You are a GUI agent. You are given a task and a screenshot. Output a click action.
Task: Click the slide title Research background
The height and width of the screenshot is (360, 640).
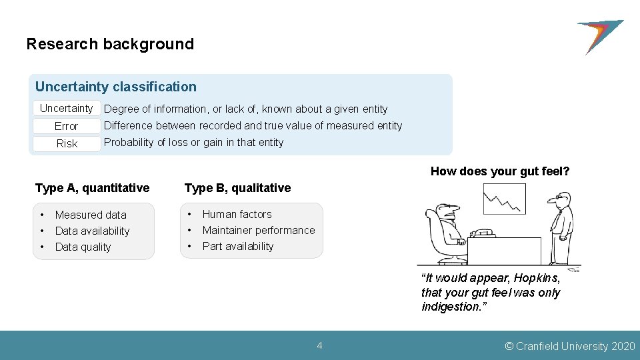110,45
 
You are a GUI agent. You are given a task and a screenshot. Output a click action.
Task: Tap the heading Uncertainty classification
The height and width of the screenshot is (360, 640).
116,87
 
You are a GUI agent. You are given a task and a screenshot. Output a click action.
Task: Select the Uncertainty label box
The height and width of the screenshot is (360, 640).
67,108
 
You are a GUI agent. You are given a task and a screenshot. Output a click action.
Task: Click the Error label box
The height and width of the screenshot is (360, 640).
67,126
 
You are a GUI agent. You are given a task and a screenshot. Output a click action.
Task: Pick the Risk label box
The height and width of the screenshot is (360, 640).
67,143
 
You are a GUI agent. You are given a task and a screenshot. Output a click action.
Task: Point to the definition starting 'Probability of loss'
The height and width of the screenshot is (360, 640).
193,142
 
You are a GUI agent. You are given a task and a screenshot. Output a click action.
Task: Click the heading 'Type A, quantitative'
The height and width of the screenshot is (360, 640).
92,188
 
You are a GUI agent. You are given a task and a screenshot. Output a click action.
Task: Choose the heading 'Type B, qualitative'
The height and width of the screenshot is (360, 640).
237,188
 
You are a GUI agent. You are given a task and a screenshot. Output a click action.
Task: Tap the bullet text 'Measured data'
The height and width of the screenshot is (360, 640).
91,215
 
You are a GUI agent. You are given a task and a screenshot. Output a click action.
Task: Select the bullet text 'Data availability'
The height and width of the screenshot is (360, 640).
92,231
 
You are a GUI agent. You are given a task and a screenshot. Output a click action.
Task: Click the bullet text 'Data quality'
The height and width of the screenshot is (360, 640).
83,247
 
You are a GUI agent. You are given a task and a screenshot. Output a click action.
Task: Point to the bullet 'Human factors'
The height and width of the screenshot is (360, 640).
237,214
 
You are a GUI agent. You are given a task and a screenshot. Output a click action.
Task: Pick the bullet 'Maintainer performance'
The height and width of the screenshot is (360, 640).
259,230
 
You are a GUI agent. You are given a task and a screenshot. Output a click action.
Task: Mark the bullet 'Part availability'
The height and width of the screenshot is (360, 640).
238,246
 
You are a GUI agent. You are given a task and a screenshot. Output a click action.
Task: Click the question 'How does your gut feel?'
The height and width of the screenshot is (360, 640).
500,171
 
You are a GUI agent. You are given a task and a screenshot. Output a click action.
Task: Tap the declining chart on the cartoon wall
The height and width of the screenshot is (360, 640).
504,199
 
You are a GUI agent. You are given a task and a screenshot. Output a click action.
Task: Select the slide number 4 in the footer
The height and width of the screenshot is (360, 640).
320,345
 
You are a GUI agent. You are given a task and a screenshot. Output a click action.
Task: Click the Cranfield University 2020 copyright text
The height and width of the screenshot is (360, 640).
570,346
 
